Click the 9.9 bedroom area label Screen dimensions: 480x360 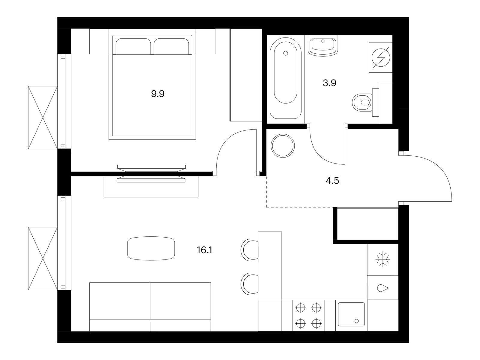[x=158, y=94]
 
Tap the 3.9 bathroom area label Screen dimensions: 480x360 [x=329, y=83]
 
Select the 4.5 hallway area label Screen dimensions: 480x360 [x=332, y=181]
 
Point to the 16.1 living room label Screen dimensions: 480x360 [x=205, y=250]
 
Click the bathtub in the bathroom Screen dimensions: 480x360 [x=285, y=79]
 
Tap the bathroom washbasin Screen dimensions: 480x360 [x=323, y=46]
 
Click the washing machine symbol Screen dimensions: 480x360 [x=381, y=58]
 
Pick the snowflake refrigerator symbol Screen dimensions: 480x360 [x=383, y=259]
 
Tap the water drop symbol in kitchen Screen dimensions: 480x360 [x=383, y=288]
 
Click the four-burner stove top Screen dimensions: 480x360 [x=308, y=315]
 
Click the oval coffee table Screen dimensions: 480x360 [x=151, y=248]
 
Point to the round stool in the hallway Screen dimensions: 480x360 [x=283, y=146]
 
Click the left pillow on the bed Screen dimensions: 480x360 [x=133, y=46]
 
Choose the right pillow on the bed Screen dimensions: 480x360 [x=171, y=46]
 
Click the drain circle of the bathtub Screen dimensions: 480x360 [x=285, y=53]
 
